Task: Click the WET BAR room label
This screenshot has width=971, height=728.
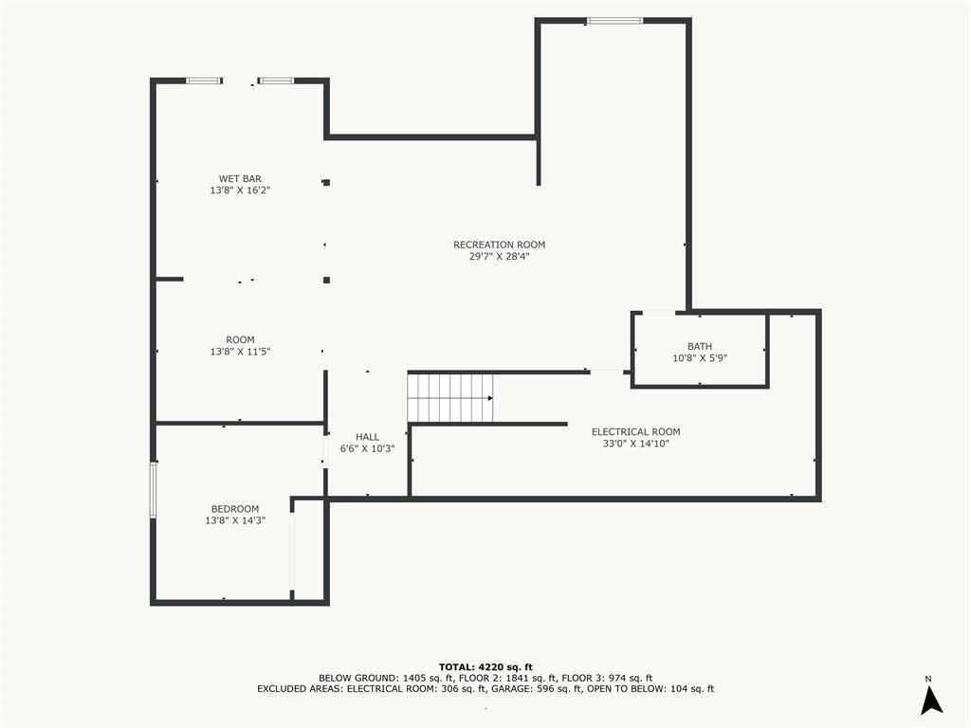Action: [240, 179]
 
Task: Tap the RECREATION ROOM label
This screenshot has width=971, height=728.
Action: [499, 245]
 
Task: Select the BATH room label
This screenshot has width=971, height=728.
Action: [700, 347]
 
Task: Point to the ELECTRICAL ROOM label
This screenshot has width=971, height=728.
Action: [636, 432]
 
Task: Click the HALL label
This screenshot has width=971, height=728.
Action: [367, 437]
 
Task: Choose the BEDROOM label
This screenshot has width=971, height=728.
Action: [235, 509]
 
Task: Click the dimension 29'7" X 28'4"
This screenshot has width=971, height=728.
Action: [499, 256]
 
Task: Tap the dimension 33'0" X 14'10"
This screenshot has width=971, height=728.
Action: [636, 444]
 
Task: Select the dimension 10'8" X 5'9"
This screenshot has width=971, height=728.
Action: [700, 357]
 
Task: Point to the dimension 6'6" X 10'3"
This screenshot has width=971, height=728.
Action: [367, 448]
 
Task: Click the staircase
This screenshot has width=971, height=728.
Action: [450, 398]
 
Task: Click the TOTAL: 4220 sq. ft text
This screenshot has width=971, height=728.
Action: [485, 666]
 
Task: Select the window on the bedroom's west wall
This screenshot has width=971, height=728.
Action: [153, 490]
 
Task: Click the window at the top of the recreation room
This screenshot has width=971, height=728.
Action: [614, 21]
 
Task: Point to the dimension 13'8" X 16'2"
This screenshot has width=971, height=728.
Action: [240, 190]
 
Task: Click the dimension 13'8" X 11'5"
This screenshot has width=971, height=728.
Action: [240, 352]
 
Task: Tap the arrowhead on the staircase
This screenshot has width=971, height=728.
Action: [490, 398]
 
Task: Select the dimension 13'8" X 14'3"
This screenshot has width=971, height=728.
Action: [235, 520]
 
